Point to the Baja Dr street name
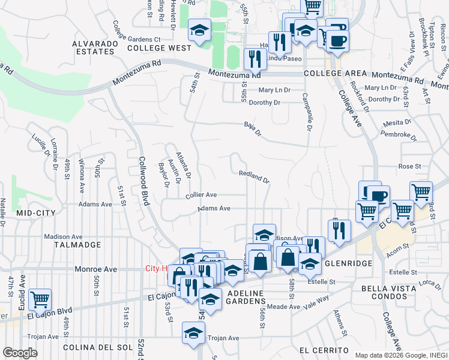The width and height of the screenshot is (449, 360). pos(253,128)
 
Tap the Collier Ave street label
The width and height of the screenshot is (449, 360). pos(201,195)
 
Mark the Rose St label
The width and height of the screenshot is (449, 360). pos(408,166)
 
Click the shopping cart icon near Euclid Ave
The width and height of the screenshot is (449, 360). pos(40,298)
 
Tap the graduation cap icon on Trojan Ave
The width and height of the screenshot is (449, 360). pos(194,332)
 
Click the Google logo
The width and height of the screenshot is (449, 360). pos(19,353)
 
